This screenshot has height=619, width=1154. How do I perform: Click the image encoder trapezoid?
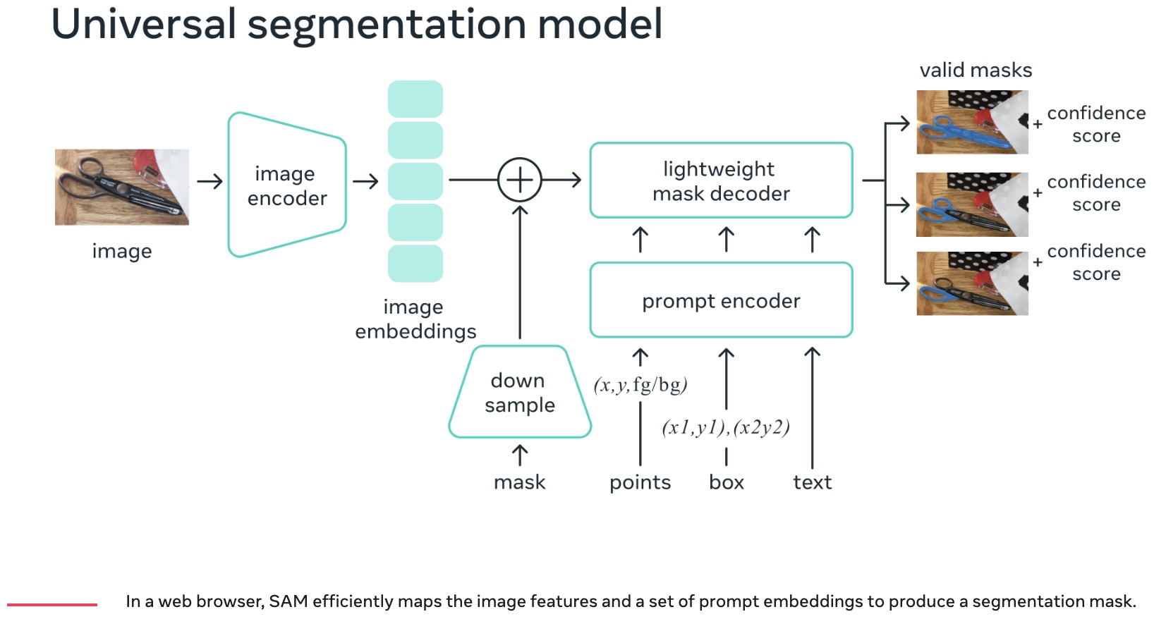(x=287, y=185)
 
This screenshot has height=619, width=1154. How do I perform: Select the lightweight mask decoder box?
(x=721, y=180)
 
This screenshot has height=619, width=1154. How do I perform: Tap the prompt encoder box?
(x=721, y=300)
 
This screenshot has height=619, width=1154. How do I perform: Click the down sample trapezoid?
(x=520, y=392)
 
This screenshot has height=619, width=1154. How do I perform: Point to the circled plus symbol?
(x=520, y=180)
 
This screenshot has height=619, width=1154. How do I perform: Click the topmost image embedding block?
(x=415, y=99)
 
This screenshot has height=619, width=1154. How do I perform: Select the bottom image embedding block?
(x=415, y=263)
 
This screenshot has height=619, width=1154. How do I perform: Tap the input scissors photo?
(x=122, y=187)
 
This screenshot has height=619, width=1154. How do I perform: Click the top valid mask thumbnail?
(x=972, y=122)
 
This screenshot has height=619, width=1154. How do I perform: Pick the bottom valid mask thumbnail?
(x=972, y=283)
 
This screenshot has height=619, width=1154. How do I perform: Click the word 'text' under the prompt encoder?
(x=812, y=482)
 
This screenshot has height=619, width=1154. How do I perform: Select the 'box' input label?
(x=727, y=482)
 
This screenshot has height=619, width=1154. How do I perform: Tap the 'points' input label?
(x=640, y=482)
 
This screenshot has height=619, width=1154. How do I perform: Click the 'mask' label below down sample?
(x=520, y=482)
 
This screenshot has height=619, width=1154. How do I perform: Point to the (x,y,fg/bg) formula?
(x=640, y=385)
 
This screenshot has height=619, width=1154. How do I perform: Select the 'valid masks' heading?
(x=976, y=71)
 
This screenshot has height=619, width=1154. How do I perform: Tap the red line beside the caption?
(x=52, y=604)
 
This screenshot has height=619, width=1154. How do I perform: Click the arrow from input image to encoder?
(x=209, y=182)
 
